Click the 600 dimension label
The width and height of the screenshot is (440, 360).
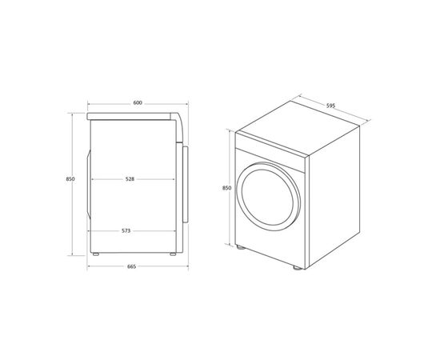tap(137, 103)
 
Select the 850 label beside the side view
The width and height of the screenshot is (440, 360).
tap(70, 179)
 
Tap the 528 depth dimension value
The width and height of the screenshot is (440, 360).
tap(129, 179)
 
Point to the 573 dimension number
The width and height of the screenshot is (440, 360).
tap(127, 230)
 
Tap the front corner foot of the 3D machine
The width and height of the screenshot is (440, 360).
tap(297, 270)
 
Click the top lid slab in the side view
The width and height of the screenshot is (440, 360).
tap(132, 118)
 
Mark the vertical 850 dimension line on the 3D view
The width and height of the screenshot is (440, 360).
tap(234, 189)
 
